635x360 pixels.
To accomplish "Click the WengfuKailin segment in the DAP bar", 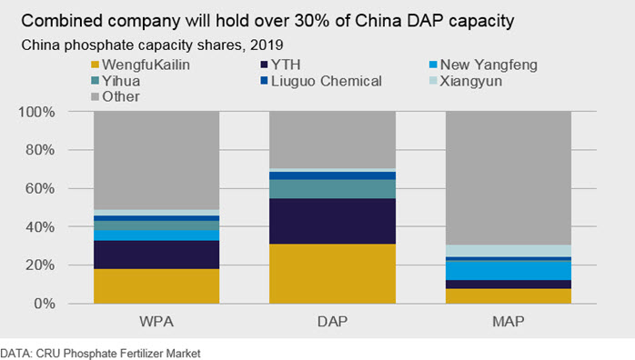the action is click(332, 274).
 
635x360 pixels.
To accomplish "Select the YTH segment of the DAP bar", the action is click(332, 221).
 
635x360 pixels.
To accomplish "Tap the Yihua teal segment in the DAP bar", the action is click(332, 189).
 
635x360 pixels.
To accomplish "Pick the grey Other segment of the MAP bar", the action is click(509, 178).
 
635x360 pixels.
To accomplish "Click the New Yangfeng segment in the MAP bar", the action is click(509, 271).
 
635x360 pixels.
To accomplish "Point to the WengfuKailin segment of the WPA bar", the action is click(156, 286).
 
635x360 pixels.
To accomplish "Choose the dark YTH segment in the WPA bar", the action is click(156, 255).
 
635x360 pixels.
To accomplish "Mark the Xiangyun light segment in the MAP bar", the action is click(509, 251).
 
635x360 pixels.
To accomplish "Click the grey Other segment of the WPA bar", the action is click(156, 160).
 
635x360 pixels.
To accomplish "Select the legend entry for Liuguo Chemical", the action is click(321, 81).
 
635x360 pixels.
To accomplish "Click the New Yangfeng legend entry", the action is click(484, 65).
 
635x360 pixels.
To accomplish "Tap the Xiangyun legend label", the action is click(471, 81).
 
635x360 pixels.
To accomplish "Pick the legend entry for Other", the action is click(116, 96).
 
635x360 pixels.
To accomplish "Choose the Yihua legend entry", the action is click(116, 81).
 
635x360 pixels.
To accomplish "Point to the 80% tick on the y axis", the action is click(40, 150).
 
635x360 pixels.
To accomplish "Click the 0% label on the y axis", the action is click(45, 304).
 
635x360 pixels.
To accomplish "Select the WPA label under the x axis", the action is click(156, 322).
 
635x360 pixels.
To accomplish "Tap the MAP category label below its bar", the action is click(509, 322).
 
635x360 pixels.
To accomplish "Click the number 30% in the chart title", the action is click(312, 21).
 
